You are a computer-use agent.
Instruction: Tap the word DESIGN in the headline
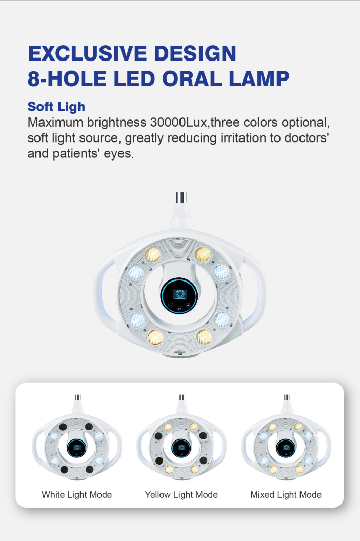(x=195, y=53)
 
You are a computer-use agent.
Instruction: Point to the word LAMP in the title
(x=259, y=78)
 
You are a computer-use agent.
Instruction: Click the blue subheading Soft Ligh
(x=56, y=107)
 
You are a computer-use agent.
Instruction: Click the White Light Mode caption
(x=76, y=495)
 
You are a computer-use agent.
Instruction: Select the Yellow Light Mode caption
(x=181, y=495)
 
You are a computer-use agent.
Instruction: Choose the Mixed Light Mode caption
(x=286, y=495)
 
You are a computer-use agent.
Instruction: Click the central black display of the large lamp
(x=179, y=296)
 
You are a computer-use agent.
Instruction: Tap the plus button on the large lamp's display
(x=188, y=305)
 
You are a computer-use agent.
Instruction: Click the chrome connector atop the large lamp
(x=181, y=197)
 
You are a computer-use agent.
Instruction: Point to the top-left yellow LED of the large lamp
(x=153, y=255)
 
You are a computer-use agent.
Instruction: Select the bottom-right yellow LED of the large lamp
(x=204, y=337)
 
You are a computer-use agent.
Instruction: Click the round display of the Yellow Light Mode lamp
(x=181, y=448)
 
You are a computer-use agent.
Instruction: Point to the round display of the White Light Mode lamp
(x=76, y=448)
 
